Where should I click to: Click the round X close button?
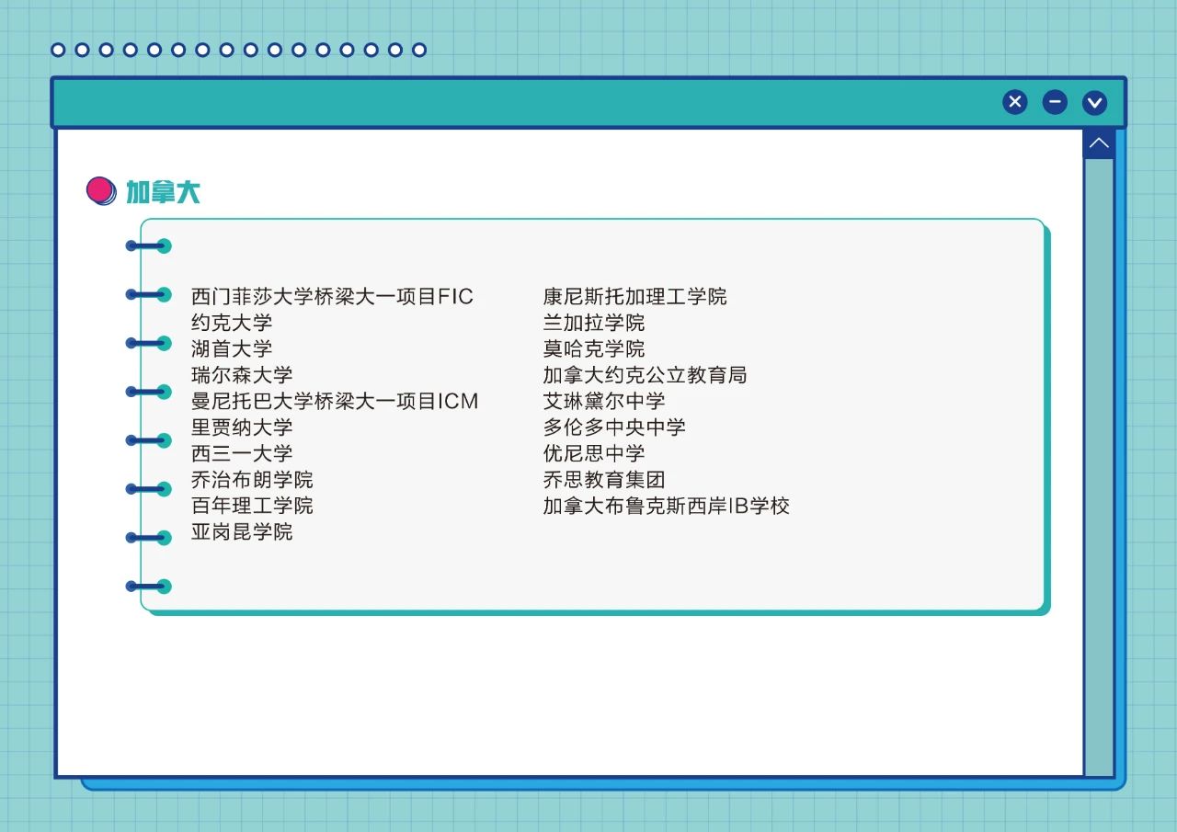point(1014,102)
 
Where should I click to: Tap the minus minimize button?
point(1055,102)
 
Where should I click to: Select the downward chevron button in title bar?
point(1094,102)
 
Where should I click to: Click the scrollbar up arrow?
point(1099,143)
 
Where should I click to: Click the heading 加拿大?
point(163,192)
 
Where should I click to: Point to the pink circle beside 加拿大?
point(100,190)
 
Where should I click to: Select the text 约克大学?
point(232,323)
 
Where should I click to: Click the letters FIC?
point(455,296)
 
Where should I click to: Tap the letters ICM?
point(458,402)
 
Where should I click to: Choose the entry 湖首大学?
point(232,348)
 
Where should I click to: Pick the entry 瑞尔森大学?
point(242,375)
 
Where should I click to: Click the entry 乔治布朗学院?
point(252,480)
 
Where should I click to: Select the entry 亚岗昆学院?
point(242,531)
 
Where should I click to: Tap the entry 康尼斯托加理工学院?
point(635,296)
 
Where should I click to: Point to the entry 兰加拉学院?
point(594,323)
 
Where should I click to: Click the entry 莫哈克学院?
point(594,348)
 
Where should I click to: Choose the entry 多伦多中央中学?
point(614,427)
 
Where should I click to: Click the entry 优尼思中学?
point(594,453)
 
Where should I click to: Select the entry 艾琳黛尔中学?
point(604,402)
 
